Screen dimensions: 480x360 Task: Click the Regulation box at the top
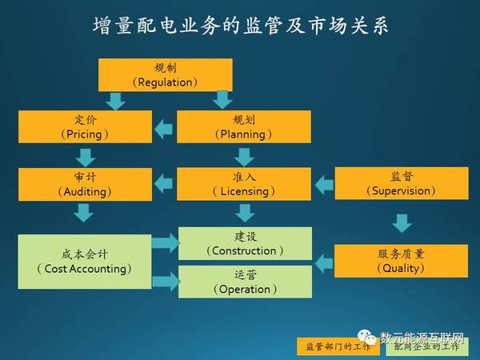166,75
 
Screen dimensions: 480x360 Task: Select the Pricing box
85,126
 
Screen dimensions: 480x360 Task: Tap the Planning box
244,126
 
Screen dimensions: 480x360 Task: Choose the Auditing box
85,184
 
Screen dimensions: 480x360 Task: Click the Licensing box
244,184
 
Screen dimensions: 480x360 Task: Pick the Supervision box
402,183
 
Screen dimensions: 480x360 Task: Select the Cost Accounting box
85,262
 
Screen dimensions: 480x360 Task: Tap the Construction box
246,243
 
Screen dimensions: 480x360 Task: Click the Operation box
246,282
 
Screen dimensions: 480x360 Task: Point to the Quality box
401,261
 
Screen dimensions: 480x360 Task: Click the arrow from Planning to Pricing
164,129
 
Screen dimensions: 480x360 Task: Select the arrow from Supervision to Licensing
324,186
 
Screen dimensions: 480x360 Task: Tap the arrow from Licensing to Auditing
164,184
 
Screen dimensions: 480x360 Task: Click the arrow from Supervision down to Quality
402,223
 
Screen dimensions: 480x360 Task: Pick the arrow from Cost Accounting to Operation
166,282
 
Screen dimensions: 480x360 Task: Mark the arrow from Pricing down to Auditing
86,158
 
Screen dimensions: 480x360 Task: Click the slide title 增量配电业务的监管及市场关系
241,25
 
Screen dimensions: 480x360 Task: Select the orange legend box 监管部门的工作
338,346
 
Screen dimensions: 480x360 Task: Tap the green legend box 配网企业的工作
427,346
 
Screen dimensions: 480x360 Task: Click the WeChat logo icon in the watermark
367,337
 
